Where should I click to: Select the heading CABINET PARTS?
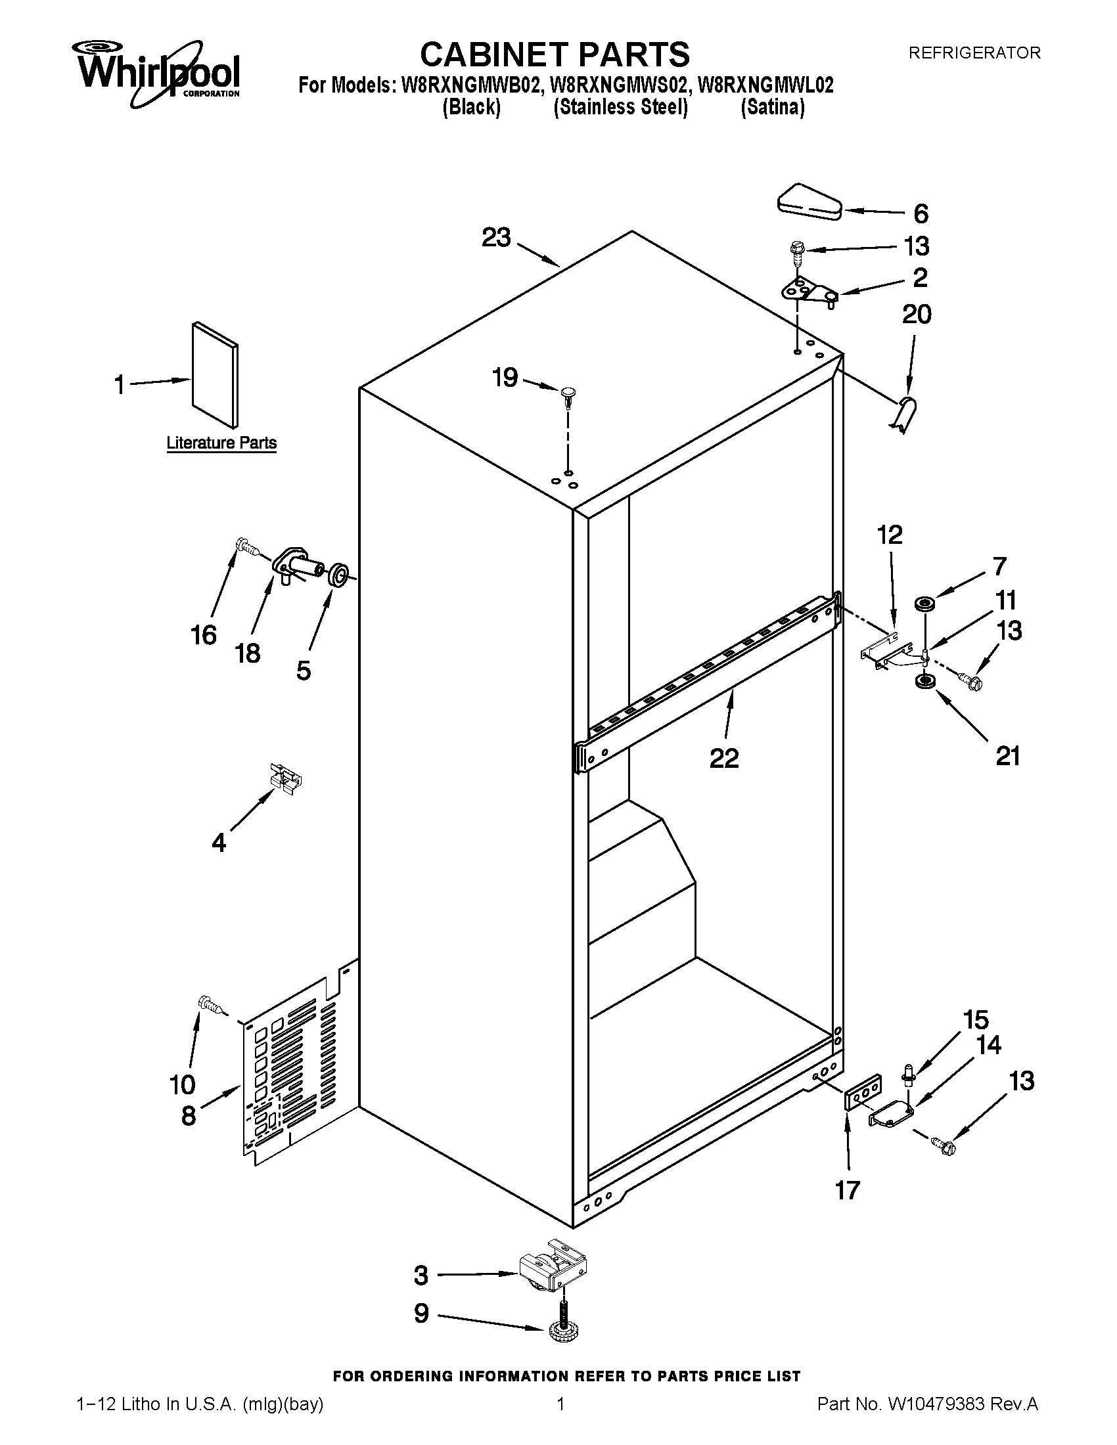[555, 54]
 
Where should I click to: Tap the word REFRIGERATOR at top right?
[973, 53]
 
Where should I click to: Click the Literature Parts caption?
[221, 443]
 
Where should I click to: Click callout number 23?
[496, 238]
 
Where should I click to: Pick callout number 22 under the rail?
[723, 758]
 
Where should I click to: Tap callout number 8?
[189, 1117]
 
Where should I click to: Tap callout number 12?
[890, 535]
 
